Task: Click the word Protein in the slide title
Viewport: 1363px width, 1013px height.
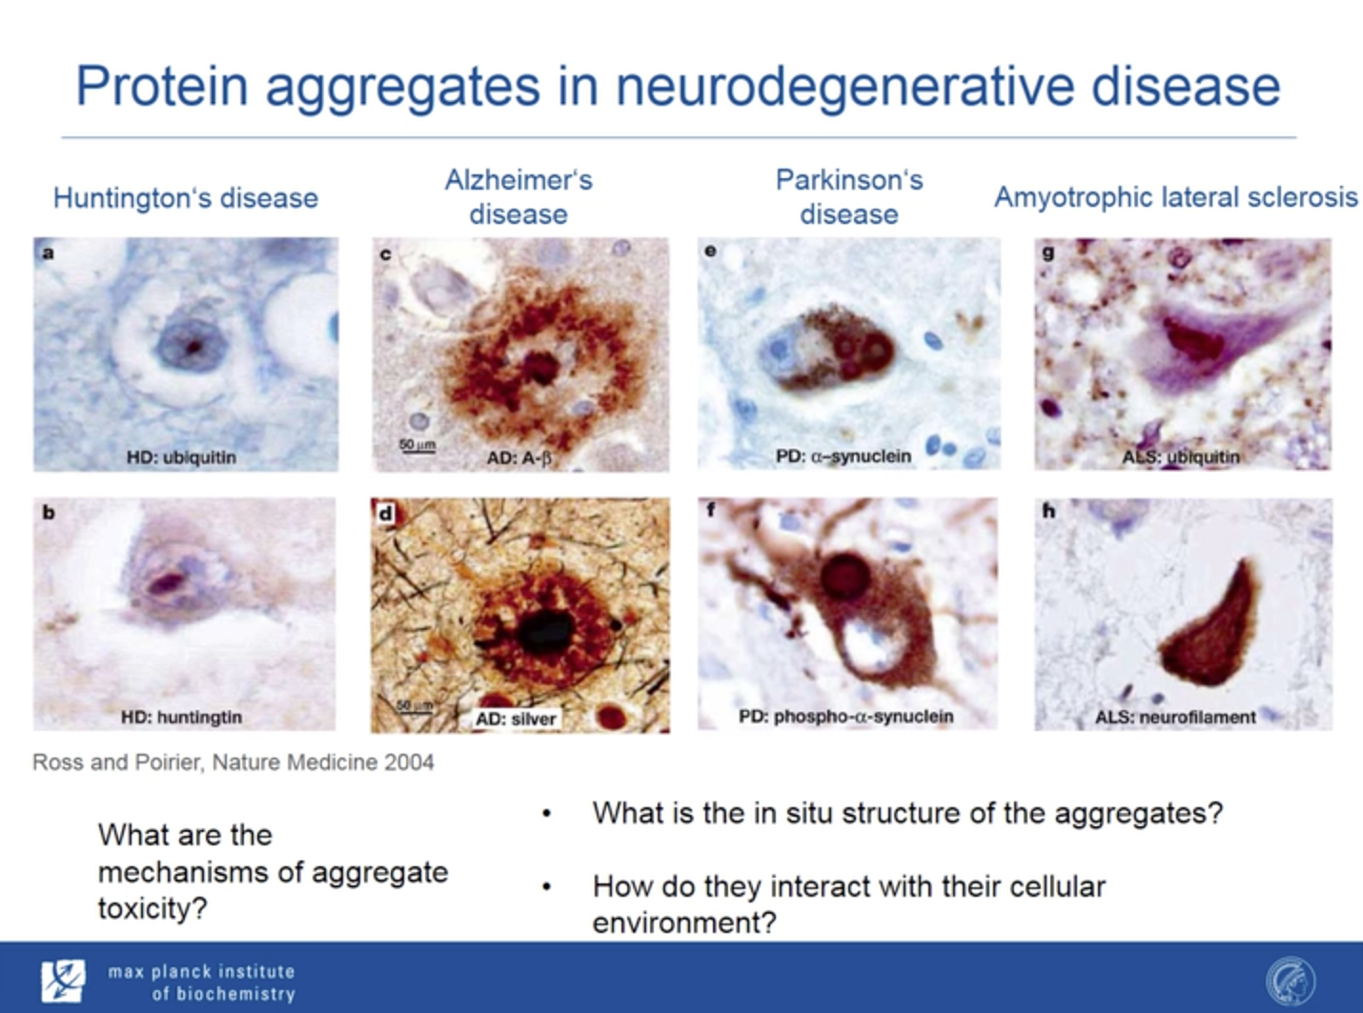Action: (162, 86)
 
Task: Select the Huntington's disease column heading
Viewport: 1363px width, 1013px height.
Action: (186, 198)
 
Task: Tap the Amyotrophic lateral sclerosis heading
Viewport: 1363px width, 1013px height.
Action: (1175, 198)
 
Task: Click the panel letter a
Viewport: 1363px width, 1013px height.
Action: (48, 253)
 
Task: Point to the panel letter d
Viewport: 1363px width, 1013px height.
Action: (385, 514)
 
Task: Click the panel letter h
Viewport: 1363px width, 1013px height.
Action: (1048, 511)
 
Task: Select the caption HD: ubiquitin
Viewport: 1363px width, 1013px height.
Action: (181, 457)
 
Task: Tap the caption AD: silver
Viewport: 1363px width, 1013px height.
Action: (517, 719)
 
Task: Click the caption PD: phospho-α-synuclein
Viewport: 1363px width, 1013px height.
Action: (845, 717)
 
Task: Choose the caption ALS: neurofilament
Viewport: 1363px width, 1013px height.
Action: (1175, 718)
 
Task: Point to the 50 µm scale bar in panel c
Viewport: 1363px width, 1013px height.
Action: (417, 452)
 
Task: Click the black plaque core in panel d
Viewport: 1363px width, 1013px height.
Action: (544, 633)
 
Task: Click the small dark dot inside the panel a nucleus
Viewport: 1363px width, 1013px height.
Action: (193, 347)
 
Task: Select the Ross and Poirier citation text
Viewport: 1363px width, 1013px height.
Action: (233, 762)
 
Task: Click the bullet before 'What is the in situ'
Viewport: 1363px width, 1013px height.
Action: (547, 815)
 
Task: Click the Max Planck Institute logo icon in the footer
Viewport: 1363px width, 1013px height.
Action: (63, 981)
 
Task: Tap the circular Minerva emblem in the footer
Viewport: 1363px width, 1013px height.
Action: (1291, 981)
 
